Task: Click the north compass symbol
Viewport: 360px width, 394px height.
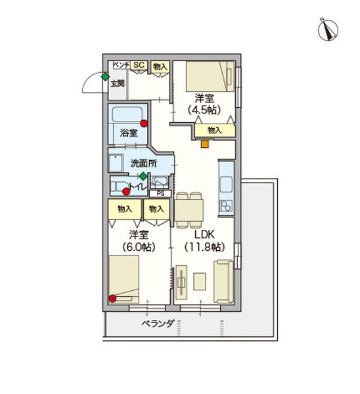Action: (328, 30)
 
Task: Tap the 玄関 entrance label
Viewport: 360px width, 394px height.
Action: (118, 83)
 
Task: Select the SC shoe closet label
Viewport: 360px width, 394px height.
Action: (139, 65)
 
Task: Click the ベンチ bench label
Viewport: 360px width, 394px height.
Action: (122, 65)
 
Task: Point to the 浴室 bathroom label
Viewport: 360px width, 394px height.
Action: (129, 133)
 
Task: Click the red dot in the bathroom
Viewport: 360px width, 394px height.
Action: (144, 123)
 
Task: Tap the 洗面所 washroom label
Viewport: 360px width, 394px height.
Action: (144, 164)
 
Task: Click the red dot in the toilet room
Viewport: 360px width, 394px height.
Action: (126, 192)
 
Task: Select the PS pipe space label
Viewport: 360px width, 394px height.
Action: (160, 194)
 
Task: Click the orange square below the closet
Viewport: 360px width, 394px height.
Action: (205, 144)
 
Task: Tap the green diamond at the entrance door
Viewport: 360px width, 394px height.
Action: (105, 77)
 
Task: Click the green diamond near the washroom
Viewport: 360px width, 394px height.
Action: (143, 176)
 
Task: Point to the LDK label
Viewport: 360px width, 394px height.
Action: (204, 234)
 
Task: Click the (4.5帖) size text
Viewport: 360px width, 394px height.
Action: (204, 110)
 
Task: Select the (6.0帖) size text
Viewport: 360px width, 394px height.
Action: (139, 247)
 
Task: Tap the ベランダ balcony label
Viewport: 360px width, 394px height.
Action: (158, 323)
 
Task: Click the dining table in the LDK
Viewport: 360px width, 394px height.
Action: (189, 211)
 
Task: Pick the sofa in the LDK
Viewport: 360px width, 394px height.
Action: (223, 282)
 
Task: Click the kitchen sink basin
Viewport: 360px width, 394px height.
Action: (227, 185)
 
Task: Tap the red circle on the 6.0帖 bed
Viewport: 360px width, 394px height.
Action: (112, 299)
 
